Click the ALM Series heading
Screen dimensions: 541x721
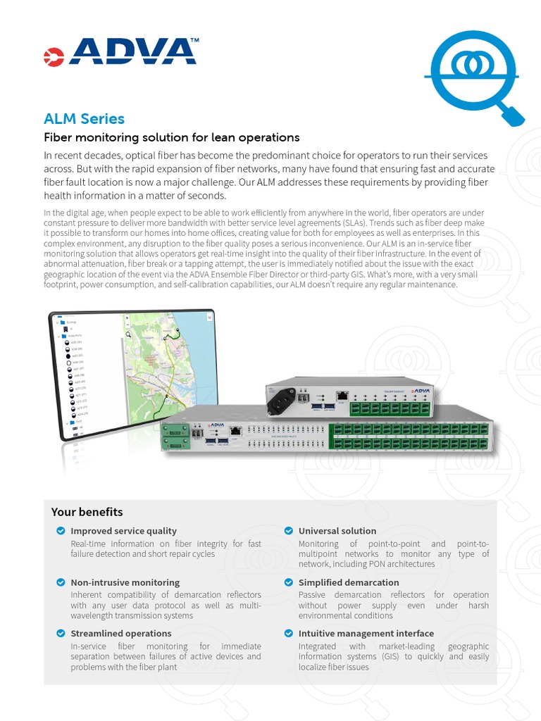[84, 118]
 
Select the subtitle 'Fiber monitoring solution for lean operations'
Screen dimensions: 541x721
[172, 137]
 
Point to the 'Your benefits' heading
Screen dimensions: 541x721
[87, 512]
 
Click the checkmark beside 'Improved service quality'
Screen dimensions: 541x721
[61, 531]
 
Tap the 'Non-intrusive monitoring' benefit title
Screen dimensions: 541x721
[125, 582]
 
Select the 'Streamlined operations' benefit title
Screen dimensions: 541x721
[120, 634]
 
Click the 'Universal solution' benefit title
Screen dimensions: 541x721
[337, 531]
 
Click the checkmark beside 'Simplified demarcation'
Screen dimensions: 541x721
[288, 582]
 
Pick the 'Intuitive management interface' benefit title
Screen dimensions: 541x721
[366, 634]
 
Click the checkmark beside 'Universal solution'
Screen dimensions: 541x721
[288, 531]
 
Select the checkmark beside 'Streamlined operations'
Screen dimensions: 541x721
[61, 634]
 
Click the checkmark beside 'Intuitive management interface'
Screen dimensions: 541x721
[288, 634]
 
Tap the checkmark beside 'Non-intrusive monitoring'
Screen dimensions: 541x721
[61, 582]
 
